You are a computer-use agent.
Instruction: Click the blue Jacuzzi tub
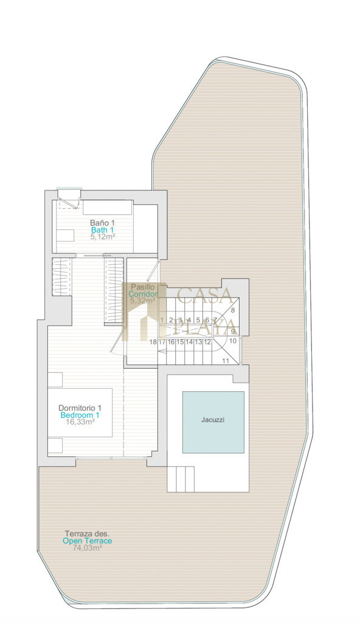[x=213, y=422]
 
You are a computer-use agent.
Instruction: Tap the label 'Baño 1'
[x=102, y=223]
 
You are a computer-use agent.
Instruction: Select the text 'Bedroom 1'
[x=80, y=415]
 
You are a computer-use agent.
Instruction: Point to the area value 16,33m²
[x=80, y=422]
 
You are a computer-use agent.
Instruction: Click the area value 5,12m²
[x=102, y=237]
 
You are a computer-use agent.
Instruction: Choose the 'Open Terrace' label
[x=88, y=541]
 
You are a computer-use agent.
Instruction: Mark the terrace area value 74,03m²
[x=88, y=548]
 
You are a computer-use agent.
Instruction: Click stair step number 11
[x=226, y=361]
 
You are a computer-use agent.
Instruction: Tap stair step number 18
[x=153, y=342]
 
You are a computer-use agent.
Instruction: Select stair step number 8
[x=233, y=310]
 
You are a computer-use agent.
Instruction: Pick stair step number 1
[x=162, y=320]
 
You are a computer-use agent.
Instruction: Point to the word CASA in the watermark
[x=205, y=295]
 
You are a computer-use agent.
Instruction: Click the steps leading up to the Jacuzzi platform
[x=181, y=479]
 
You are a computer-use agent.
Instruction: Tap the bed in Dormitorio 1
[x=80, y=412]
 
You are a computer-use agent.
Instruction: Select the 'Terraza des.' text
[x=87, y=534]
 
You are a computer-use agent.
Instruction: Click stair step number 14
[x=189, y=342]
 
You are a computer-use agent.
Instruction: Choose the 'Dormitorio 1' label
[x=80, y=408]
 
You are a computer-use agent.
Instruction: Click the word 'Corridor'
[x=143, y=294]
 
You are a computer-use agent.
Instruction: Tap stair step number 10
[x=233, y=341]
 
